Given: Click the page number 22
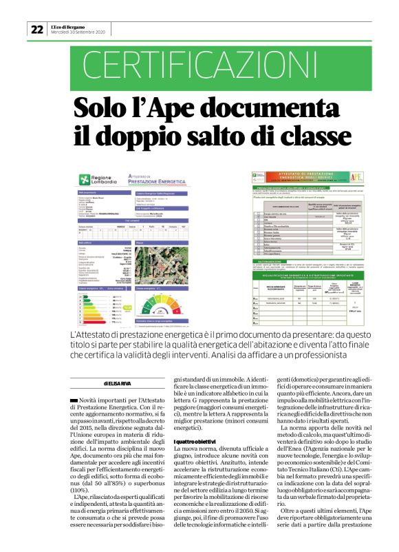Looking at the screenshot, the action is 36,29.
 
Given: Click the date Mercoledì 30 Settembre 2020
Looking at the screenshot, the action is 78,32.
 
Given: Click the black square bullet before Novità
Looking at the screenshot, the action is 74,400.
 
